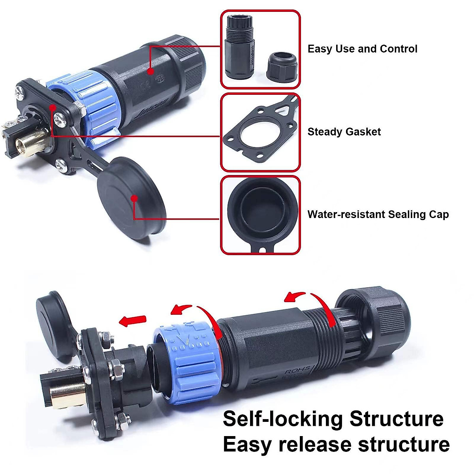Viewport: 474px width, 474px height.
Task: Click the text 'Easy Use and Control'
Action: point(362,49)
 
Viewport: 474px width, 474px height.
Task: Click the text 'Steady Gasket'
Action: point(344,132)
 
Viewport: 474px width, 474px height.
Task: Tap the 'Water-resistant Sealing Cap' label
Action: point(378,214)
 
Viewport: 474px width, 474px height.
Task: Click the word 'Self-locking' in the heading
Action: point(283,419)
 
